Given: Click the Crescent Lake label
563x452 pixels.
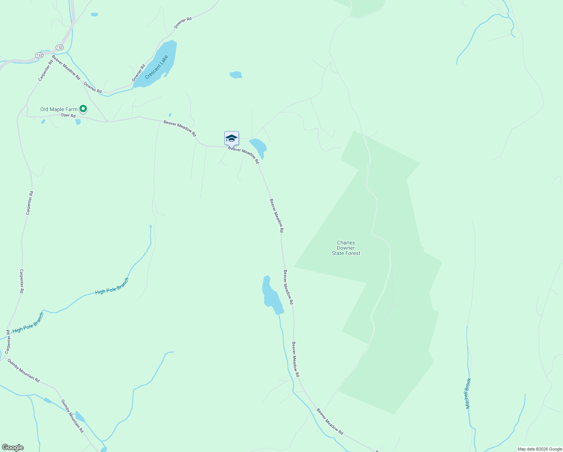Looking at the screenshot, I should click(156, 67).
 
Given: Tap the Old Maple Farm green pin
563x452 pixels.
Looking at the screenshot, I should click(83, 109).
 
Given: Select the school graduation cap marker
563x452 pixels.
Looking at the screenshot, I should click(231, 139).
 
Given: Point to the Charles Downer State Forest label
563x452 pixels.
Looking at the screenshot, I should click(346, 248).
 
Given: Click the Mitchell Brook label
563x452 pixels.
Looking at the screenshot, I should click(468, 393).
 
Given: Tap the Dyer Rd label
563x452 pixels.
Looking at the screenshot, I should click(68, 115).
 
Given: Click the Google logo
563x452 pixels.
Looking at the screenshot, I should click(12, 447).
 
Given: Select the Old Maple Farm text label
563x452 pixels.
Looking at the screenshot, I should click(59, 109).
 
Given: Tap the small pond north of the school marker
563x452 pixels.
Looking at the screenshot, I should click(236, 75).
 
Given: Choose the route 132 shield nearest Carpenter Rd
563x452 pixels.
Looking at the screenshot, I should click(40, 55).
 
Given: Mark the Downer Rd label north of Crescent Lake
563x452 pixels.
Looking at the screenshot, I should click(183, 23).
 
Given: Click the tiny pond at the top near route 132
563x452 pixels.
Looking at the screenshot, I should click(94, 15).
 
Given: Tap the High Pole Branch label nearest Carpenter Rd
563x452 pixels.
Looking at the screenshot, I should click(28, 323).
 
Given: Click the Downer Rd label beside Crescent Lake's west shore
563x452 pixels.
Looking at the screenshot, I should click(138, 73).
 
